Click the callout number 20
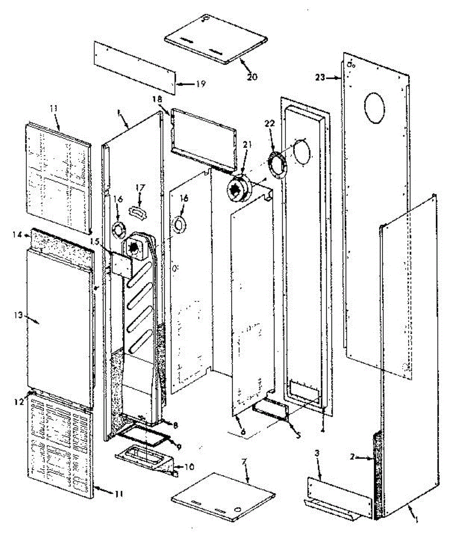(252, 76)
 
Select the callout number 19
(201, 84)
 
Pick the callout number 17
(140, 188)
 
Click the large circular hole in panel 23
(373, 108)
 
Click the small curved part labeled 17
(138, 210)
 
